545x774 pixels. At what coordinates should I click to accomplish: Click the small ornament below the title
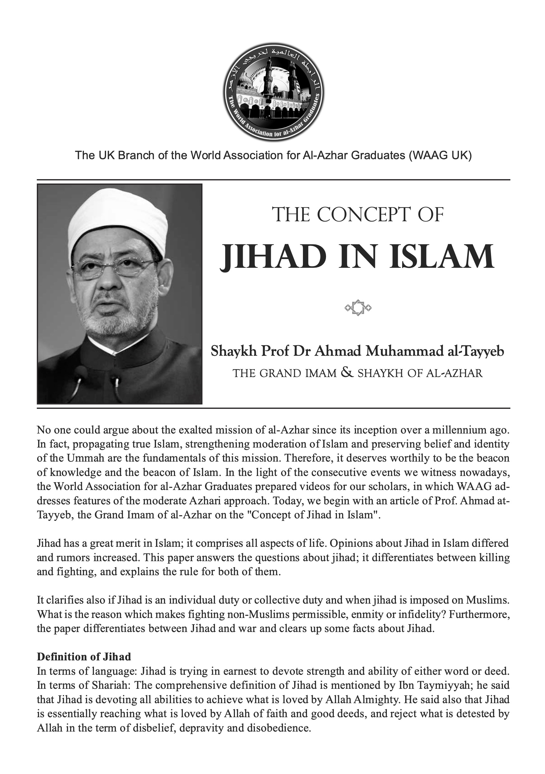pos(358,307)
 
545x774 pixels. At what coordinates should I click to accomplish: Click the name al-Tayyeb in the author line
pos(475,351)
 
